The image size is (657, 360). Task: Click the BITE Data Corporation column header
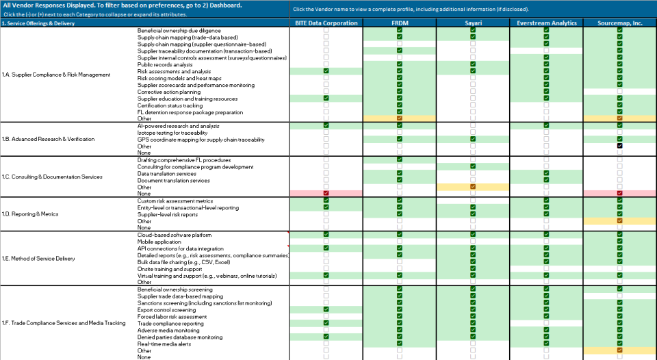[x=326, y=23]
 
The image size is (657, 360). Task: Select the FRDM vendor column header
[x=399, y=23]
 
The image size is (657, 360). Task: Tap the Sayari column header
[x=472, y=23]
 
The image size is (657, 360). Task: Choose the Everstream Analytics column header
[x=546, y=23]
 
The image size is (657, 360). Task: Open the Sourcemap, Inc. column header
[x=619, y=23]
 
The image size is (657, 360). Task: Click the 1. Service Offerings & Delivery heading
[x=38, y=23]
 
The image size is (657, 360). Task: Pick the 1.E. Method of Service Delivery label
[x=38, y=258]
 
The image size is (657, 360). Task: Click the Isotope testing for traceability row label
[x=169, y=133]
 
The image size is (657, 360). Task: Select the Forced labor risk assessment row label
[x=172, y=316]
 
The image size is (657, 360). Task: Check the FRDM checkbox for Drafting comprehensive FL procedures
[x=399, y=159]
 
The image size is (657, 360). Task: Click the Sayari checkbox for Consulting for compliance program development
[x=472, y=166]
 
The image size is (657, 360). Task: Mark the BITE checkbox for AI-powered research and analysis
[x=326, y=126]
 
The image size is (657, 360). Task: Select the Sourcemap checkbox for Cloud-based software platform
[x=619, y=235]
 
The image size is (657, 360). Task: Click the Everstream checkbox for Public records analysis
[x=546, y=64]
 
